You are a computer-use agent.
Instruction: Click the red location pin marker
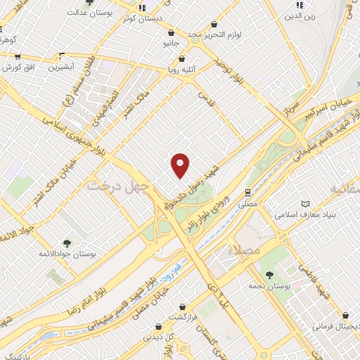click(181, 165)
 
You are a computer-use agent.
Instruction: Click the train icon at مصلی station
click(247, 191)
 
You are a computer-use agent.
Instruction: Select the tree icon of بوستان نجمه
click(270, 274)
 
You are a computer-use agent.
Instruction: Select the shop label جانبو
click(172, 44)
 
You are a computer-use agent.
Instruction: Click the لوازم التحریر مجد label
click(214, 34)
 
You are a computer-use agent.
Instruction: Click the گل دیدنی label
click(160, 337)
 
